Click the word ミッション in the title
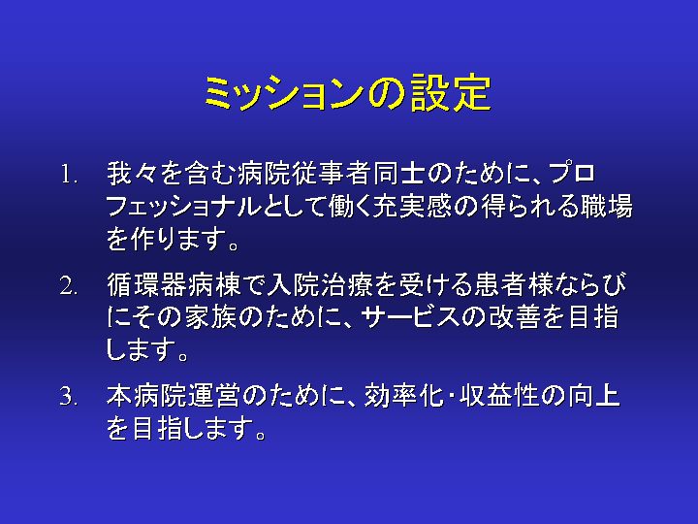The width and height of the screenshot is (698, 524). (x=284, y=93)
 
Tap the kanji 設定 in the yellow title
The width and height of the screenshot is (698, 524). (x=451, y=93)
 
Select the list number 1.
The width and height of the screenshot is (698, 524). (x=70, y=175)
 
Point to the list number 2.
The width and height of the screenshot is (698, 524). (x=70, y=285)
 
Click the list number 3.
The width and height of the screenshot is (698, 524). (x=70, y=396)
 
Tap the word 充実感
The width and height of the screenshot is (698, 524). (x=413, y=207)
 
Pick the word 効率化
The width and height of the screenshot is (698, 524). (x=403, y=396)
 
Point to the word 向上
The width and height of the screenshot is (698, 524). (x=593, y=396)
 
